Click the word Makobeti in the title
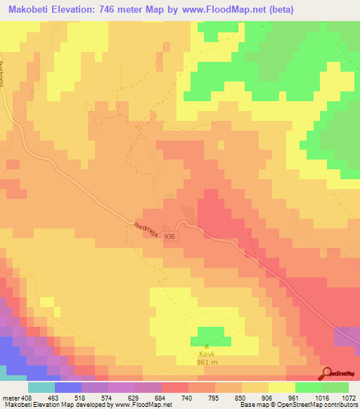pos(29,10)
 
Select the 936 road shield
pos(169,238)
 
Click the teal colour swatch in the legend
pos(41,387)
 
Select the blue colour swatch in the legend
pos(67,387)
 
